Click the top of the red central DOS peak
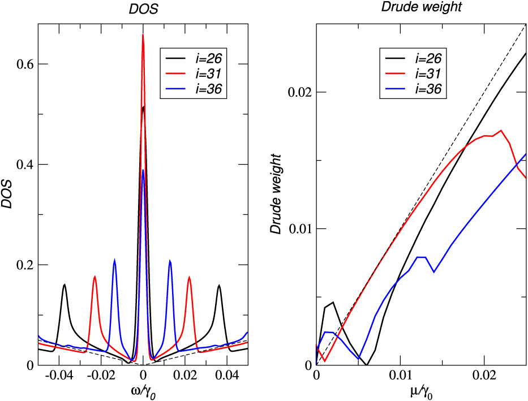[x=143, y=35]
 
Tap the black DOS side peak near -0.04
[x=65, y=284]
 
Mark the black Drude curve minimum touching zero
[x=367, y=364]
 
